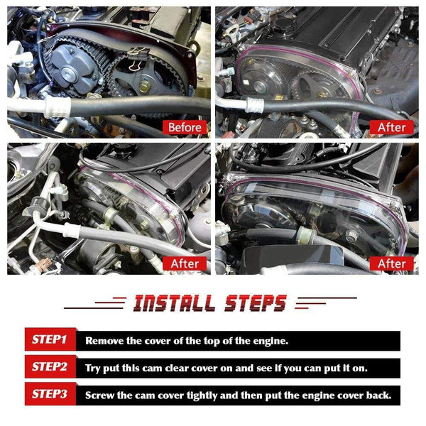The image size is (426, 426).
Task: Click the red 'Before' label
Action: (185, 127)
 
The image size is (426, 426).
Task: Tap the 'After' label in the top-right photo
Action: (391, 127)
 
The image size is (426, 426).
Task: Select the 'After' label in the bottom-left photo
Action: (185, 263)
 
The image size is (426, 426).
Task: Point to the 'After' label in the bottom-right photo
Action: (391, 263)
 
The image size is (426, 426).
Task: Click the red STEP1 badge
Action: (50, 339)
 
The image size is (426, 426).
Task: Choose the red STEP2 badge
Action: (50, 367)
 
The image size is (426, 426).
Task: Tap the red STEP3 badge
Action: (50, 394)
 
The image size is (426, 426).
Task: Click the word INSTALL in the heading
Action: (174, 303)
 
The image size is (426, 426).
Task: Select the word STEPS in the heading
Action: (256, 303)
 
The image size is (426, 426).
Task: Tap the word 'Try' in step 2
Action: (93, 368)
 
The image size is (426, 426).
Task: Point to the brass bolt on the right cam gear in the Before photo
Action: (145, 87)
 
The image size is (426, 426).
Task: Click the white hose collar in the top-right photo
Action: (254, 105)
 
